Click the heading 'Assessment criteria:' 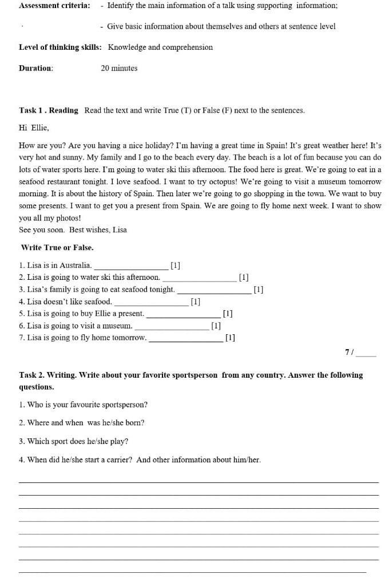[x=54, y=6]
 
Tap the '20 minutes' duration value [x=119, y=68]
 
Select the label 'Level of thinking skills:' [x=60, y=47]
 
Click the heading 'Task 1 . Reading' [x=49, y=110]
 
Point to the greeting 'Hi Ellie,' [x=34, y=128]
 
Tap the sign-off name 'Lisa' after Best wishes [x=120, y=230]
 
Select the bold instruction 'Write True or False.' [x=57, y=248]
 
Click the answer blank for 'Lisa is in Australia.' [x=131, y=266]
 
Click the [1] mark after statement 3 [x=258, y=290]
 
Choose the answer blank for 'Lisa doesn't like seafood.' [x=151, y=302]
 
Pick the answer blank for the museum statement [x=172, y=326]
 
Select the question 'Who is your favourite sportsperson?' [x=83, y=405]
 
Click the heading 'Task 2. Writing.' [x=47, y=375]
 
